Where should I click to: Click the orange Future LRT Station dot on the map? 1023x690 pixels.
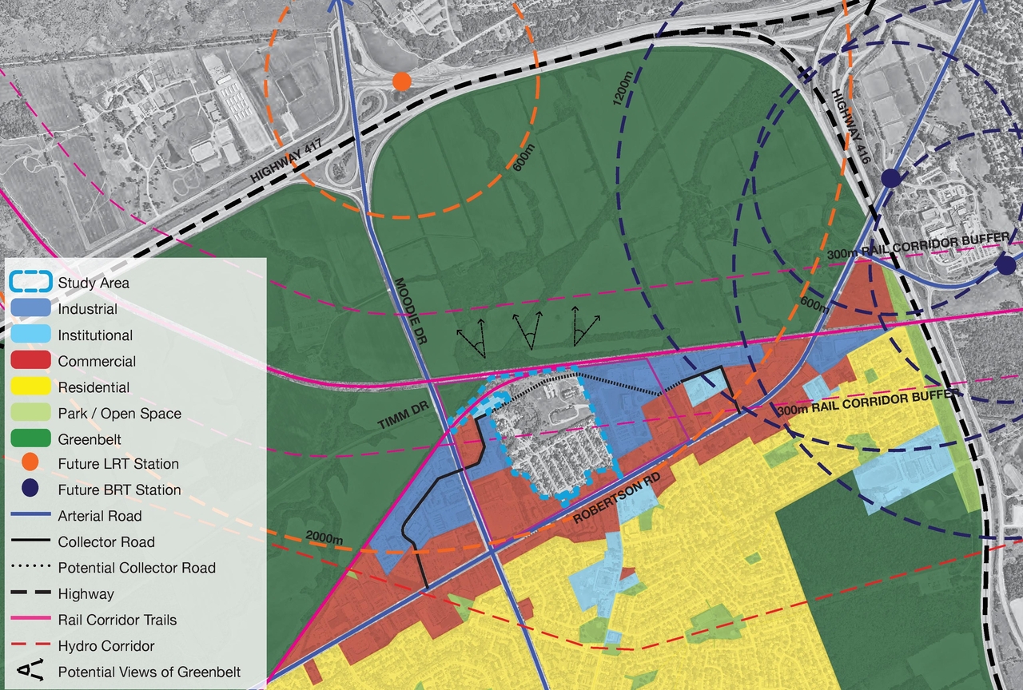(402, 81)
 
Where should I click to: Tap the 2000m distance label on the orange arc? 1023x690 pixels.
(324, 539)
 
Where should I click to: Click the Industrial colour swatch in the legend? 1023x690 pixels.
(31, 309)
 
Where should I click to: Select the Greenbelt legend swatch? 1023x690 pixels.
(31, 439)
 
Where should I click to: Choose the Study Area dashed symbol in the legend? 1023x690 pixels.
(31, 283)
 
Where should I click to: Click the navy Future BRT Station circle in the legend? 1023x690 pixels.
(31, 490)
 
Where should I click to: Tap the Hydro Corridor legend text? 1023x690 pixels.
(105, 645)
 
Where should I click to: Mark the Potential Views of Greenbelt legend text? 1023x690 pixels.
(149, 672)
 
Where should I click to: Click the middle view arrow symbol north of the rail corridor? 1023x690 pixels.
(527, 330)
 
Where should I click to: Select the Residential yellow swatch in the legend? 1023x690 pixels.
(31, 387)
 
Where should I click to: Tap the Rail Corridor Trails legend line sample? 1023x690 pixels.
(31, 619)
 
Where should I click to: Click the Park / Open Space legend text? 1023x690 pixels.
(119, 413)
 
